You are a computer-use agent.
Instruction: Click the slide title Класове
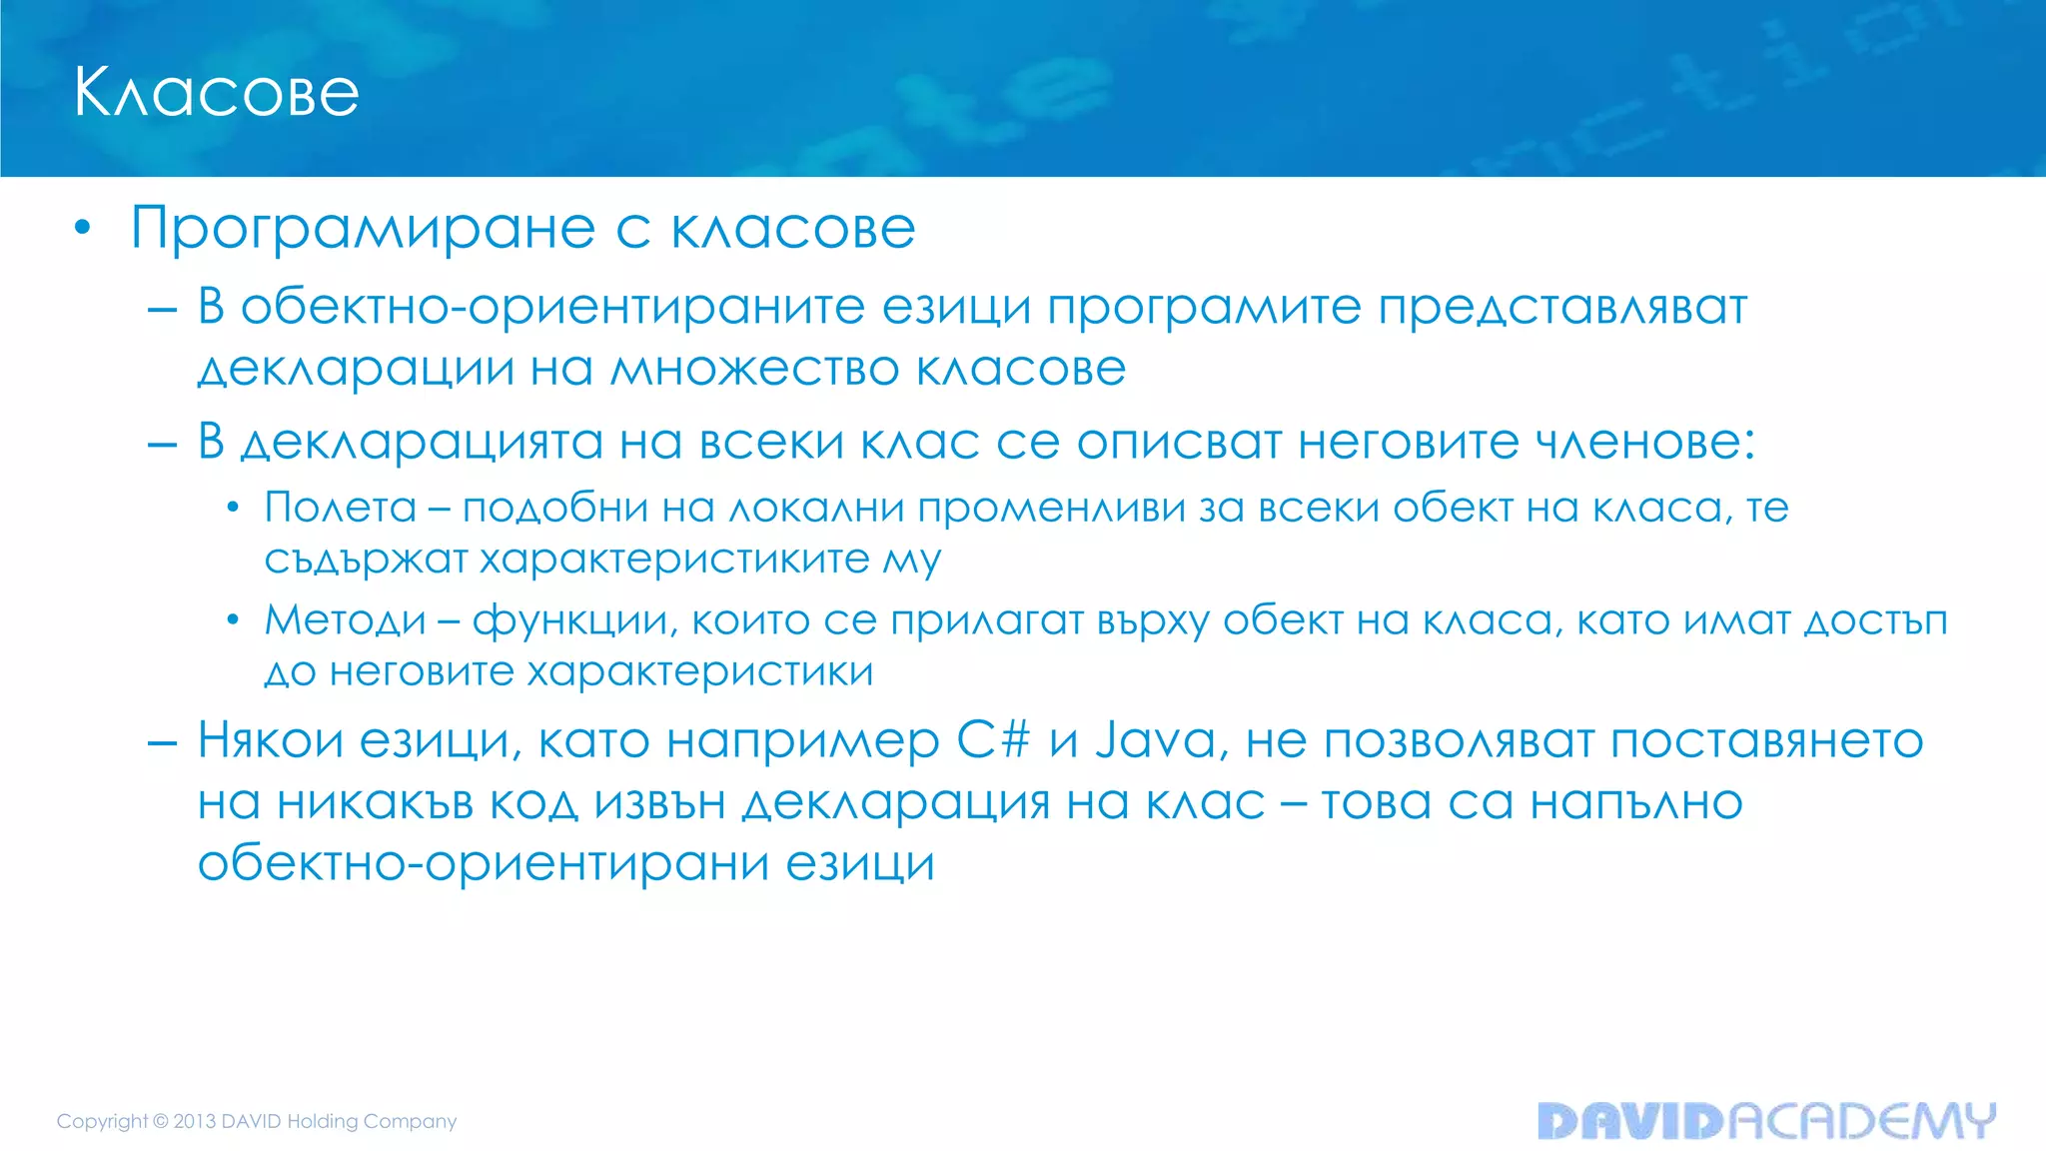216,93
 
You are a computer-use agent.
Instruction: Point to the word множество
755,369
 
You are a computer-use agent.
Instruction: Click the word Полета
341,508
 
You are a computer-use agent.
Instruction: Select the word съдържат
366,561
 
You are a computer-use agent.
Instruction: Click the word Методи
346,621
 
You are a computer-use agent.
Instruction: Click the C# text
993,741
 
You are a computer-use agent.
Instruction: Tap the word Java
1156,741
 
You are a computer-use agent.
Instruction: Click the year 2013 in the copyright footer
195,1121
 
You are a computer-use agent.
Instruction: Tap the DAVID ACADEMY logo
1766,1121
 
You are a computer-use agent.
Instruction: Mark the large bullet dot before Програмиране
83,229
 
